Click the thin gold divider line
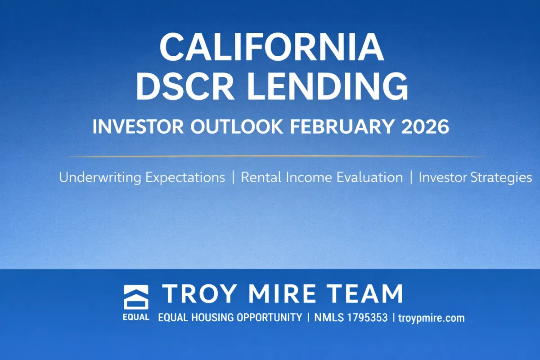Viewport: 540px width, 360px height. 270,156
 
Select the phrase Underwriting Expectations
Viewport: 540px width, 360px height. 142,177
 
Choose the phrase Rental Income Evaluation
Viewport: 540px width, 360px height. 322,177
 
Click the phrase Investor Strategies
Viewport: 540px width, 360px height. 475,177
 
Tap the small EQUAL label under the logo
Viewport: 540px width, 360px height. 136,317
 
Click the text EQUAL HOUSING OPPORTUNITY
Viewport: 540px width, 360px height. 230,318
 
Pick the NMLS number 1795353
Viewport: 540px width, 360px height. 364,318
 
